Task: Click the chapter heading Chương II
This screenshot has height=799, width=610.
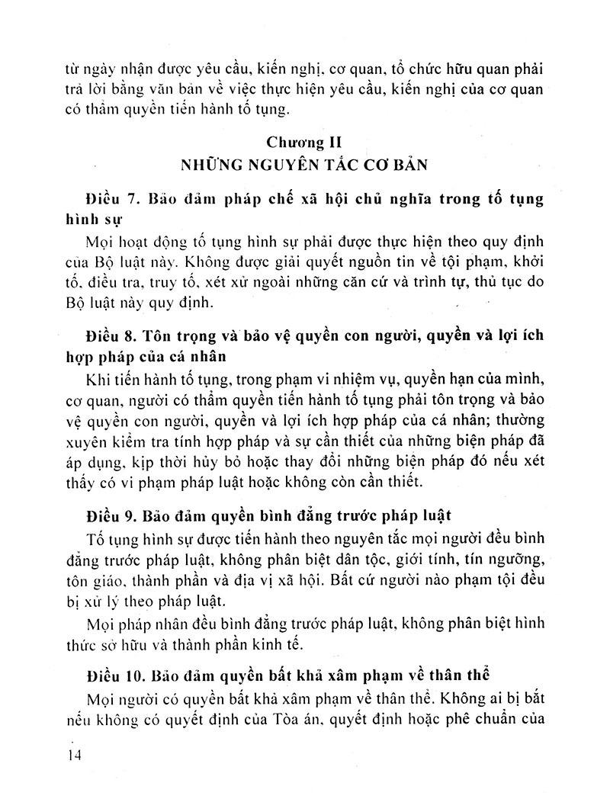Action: point(305,143)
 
